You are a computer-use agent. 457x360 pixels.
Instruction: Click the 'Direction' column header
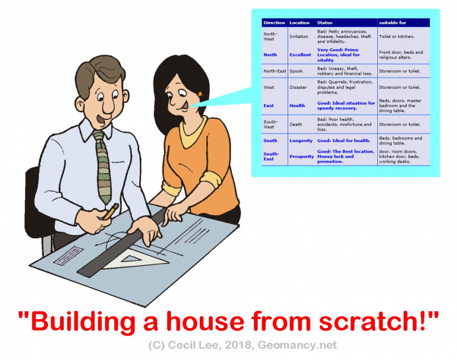pos(274,23)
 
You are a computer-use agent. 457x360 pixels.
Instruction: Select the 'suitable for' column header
pos(392,23)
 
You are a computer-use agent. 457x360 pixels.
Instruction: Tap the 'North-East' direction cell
pos(275,71)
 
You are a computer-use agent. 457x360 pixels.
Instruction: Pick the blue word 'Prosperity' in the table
pos(301,156)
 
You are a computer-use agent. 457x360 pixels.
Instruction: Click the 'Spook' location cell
pos(296,71)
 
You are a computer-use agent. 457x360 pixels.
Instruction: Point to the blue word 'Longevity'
pos(301,141)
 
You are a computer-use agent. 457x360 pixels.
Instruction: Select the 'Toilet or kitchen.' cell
pos(397,36)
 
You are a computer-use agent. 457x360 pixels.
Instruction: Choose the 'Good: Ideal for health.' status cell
pos(344,141)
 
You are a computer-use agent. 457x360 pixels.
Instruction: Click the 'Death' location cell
pos(296,124)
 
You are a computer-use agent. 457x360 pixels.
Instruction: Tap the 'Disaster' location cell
pos(298,87)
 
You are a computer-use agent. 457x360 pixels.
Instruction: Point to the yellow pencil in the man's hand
pos(110,212)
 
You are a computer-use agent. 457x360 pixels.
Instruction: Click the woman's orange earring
pos(200,94)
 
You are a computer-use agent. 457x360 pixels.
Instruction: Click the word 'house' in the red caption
pos(204,322)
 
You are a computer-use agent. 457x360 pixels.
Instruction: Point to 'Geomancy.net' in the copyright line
pos(297,345)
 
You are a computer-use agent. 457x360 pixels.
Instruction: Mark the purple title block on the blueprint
pos(68,256)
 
